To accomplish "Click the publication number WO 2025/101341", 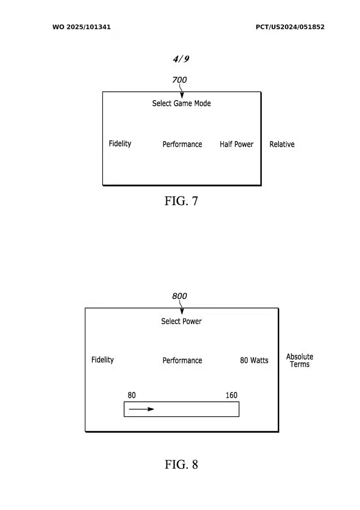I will pos(82,27).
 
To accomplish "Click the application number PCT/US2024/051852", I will pos(290,27).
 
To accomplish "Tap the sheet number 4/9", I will pos(181,59).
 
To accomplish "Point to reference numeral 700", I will pos(180,80).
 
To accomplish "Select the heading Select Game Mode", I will pos(181,104).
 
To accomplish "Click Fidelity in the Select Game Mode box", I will pos(120,144).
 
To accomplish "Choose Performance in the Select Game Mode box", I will pos(182,145).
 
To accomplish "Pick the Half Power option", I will pos(236,145).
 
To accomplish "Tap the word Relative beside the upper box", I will pos(282,145).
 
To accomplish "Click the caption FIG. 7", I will pos(181,201).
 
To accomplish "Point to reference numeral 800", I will pos(180,296).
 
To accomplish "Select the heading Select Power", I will pos(181,321).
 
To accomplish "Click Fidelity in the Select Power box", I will pos(103,360).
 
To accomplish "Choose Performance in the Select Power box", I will pos(182,361).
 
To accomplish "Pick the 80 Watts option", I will pos(254,361).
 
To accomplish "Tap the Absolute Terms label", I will pos(300,361).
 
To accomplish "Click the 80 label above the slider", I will pos(132,395).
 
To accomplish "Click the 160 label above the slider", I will pos(231,395).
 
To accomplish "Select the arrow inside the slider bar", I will pos(142,409).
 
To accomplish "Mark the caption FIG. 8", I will pos(181,464).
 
